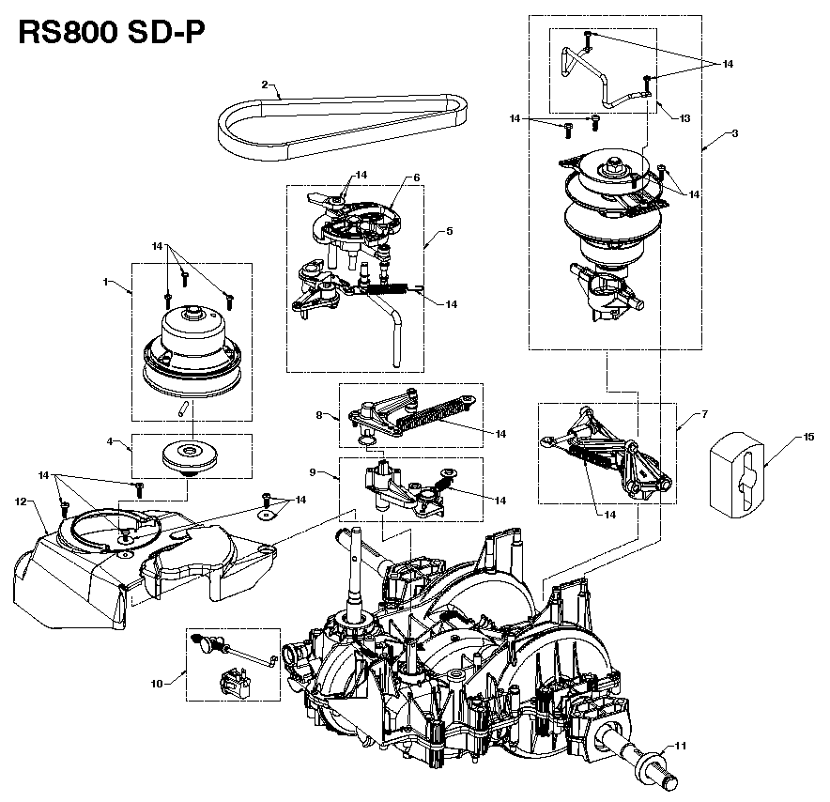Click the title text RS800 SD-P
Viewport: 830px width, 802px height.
coord(109,34)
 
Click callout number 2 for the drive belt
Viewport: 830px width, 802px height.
coord(266,84)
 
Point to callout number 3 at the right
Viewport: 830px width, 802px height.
coord(734,133)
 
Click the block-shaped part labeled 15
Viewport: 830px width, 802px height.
coord(741,474)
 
